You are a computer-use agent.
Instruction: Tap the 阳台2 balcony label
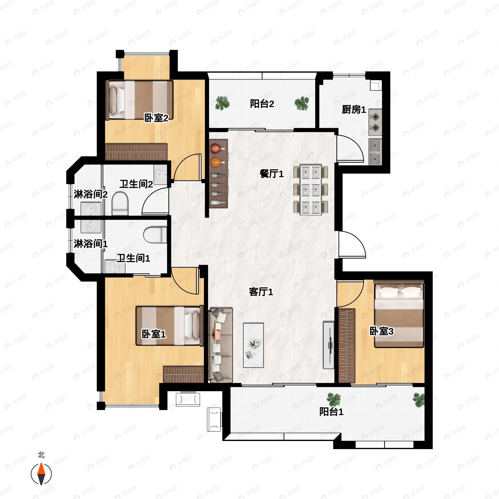pos(262,104)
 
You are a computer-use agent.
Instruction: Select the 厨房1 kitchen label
pos(354,110)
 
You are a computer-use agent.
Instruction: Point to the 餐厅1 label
pos(272,174)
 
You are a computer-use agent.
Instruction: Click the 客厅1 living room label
pos(261,292)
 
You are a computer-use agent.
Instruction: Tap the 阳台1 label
pos(331,411)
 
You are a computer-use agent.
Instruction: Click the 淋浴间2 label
pos(90,194)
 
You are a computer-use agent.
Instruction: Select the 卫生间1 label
pos(133,258)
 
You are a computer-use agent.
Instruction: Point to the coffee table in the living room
pos(253,345)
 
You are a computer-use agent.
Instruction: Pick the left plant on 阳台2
pos(222,103)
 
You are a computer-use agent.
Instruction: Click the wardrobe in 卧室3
pos(347,346)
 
